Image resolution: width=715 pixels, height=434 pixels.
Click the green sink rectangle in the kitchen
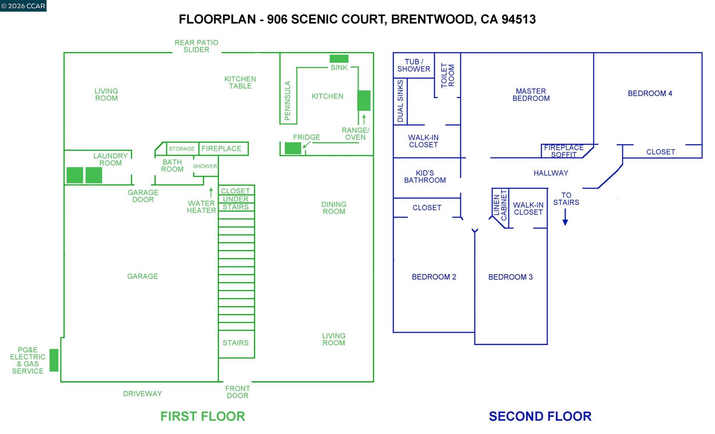tap(339, 58)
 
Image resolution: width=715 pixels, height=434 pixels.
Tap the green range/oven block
tap(364, 100)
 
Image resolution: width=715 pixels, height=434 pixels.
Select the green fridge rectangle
tap(293, 148)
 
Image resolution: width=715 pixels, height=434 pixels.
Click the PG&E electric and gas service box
tap(54, 360)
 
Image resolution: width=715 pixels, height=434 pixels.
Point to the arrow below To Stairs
tap(565, 217)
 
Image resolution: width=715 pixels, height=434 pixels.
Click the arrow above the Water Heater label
tap(211, 192)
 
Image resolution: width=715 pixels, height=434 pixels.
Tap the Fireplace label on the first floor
tap(222, 149)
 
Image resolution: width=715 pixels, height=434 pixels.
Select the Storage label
tap(182, 149)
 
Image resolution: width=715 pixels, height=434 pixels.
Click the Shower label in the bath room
tap(205, 166)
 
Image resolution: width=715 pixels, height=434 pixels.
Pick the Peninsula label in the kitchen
tap(287, 100)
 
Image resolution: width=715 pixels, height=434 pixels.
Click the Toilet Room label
tap(448, 76)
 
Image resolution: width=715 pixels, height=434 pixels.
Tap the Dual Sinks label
tap(400, 101)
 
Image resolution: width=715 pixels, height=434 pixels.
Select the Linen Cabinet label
tap(500, 205)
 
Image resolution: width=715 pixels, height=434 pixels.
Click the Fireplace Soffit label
tap(564, 151)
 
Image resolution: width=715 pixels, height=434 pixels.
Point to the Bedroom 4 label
tap(650, 93)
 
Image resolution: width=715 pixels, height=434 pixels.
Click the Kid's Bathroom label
tap(425, 176)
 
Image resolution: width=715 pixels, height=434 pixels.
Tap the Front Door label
tap(238, 392)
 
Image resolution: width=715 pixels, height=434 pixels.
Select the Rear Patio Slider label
tap(196, 46)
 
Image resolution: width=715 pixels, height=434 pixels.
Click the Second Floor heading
tap(540, 416)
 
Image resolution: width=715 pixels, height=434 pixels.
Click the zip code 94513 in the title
tap(519, 19)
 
